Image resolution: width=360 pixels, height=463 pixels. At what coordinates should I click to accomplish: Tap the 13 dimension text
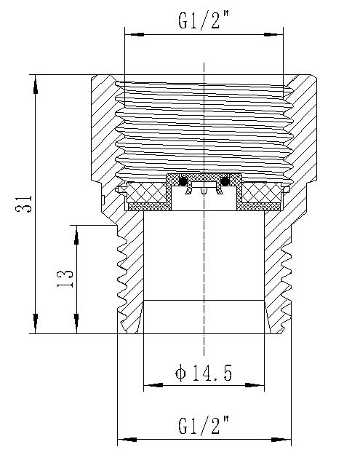click(65, 279)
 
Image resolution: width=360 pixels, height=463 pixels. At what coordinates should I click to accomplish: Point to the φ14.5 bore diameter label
click(204, 373)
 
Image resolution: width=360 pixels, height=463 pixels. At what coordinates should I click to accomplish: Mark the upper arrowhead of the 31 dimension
click(34, 82)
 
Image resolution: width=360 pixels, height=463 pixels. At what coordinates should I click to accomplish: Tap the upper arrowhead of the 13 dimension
click(76, 233)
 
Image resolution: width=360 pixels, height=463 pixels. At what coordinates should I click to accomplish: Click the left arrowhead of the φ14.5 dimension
click(151, 386)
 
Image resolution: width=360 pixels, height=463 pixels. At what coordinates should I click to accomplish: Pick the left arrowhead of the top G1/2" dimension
click(133, 33)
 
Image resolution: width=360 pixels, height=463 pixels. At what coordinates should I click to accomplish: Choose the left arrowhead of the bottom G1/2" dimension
click(125, 440)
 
